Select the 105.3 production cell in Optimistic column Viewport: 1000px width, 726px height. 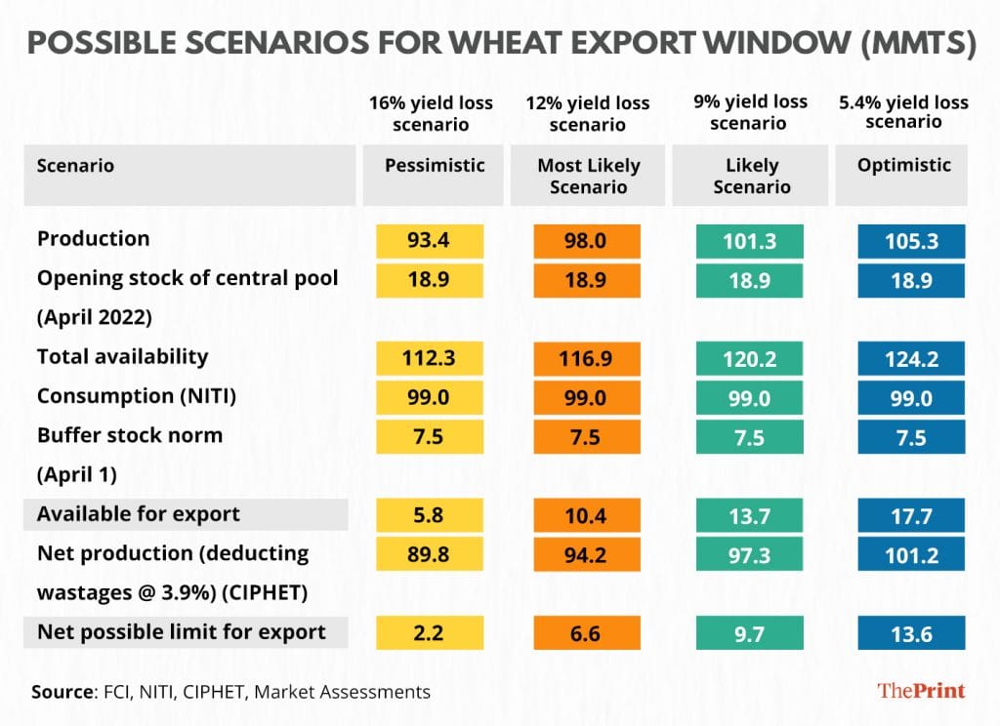pyautogui.click(x=911, y=241)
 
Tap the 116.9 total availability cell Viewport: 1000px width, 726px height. pyautogui.click(x=587, y=359)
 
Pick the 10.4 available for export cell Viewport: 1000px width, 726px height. pyautogui.click(x=587, y=515)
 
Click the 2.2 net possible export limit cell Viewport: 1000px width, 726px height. pyautogui.click(x=431, y=633)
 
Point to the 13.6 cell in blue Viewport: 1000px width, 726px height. pyautogui.click(x=911, y=633)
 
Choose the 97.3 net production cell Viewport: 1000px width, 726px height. pyautogui.click(x=750, y=554)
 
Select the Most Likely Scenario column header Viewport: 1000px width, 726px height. pyautogui.click(x=588, y=176)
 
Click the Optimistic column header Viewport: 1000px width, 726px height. pyautogui.click(x=903, y=166)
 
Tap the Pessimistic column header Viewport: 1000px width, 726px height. pyautogui.click(x=435, y=166)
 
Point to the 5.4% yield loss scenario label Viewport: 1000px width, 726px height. pyautogui.click(x=903, y=111)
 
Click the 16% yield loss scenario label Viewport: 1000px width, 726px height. pyautogui.click(x=431, y=113)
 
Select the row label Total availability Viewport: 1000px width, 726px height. pyautogui.click(x=122, y=357)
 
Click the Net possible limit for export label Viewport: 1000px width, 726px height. pyautogui.click(x=181, y=632)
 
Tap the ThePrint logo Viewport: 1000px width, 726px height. pyautogui.click(x=921, y=691)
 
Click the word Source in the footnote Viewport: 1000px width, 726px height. pyautogui.click(x=62, y=692)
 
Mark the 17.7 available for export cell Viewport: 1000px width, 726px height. pyautogui.click(x=911, y=515)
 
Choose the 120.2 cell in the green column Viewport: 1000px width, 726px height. pyautogui.click(x=750, y=359)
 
